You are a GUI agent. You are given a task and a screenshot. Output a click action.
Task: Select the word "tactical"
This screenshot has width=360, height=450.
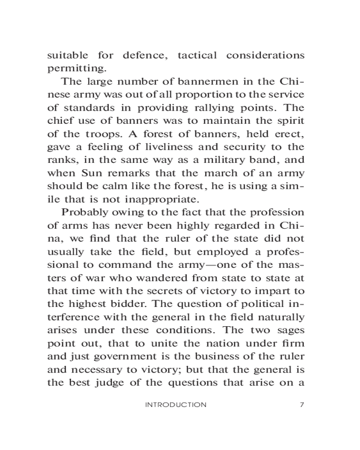pos(197,56)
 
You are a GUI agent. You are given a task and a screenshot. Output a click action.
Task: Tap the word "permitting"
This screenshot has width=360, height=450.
pos(76,69)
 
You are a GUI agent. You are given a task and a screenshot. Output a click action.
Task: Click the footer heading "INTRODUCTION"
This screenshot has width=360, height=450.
pos(176,405)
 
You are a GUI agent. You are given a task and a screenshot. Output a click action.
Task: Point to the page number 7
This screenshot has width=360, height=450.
pos(302,405)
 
